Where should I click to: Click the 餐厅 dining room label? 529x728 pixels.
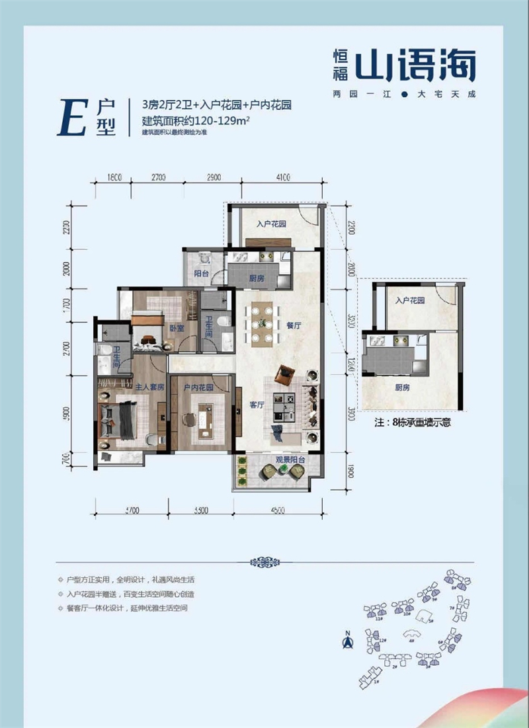pyautogui.click(x=294, y=326)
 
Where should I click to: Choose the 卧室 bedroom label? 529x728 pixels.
pyautogui.click(x=175, y=325)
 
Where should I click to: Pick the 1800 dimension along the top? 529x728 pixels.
pyautogui.click(x=115, y=177)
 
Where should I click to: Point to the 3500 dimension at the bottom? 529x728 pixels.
pyautogui.click(x=201, y=510)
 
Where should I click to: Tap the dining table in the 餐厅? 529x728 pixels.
pyautogui.click(x=263, y=323)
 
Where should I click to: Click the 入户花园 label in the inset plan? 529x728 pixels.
pyautogui.click(x=409, y=301)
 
